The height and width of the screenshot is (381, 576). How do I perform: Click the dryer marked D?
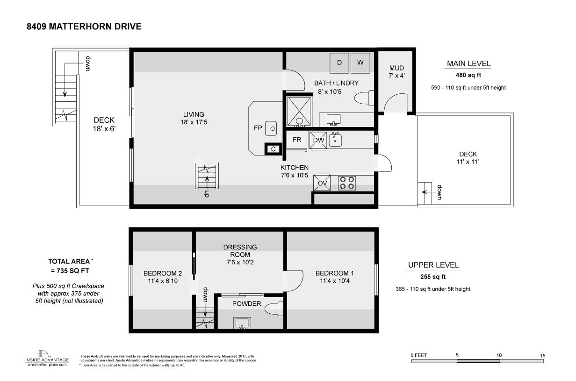point(339,63)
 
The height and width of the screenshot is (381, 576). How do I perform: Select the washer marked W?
point(360,63)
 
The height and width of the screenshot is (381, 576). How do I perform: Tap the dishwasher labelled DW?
point(318,140)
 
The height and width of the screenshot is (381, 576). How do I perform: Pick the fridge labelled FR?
point(297,140)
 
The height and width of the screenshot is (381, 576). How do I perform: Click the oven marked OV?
point(322,183)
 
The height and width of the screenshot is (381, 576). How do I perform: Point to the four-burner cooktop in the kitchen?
point(347,183)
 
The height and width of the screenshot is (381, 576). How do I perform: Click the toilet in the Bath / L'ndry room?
point(364,98)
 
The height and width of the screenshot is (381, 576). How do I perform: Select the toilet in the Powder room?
point(274,309)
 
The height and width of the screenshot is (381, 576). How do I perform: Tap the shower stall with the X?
point(299,112)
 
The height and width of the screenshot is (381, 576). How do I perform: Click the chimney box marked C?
point(273,149)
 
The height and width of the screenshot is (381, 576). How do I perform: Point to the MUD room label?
point(396,68)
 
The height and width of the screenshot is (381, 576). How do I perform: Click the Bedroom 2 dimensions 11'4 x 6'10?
point(163,281)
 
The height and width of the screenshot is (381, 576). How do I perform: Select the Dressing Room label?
point(240,251)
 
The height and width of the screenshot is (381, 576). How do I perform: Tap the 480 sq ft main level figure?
point(468,75)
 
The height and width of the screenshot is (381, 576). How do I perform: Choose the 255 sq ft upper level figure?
point(433,277)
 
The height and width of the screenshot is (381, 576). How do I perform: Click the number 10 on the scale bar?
point(499,355)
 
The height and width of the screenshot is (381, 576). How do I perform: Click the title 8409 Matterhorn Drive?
point(84,27)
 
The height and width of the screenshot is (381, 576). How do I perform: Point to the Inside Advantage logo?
point(47,357)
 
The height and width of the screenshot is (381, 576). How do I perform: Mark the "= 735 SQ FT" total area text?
point(70,271)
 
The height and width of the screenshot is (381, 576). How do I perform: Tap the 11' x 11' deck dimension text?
point(468,162)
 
